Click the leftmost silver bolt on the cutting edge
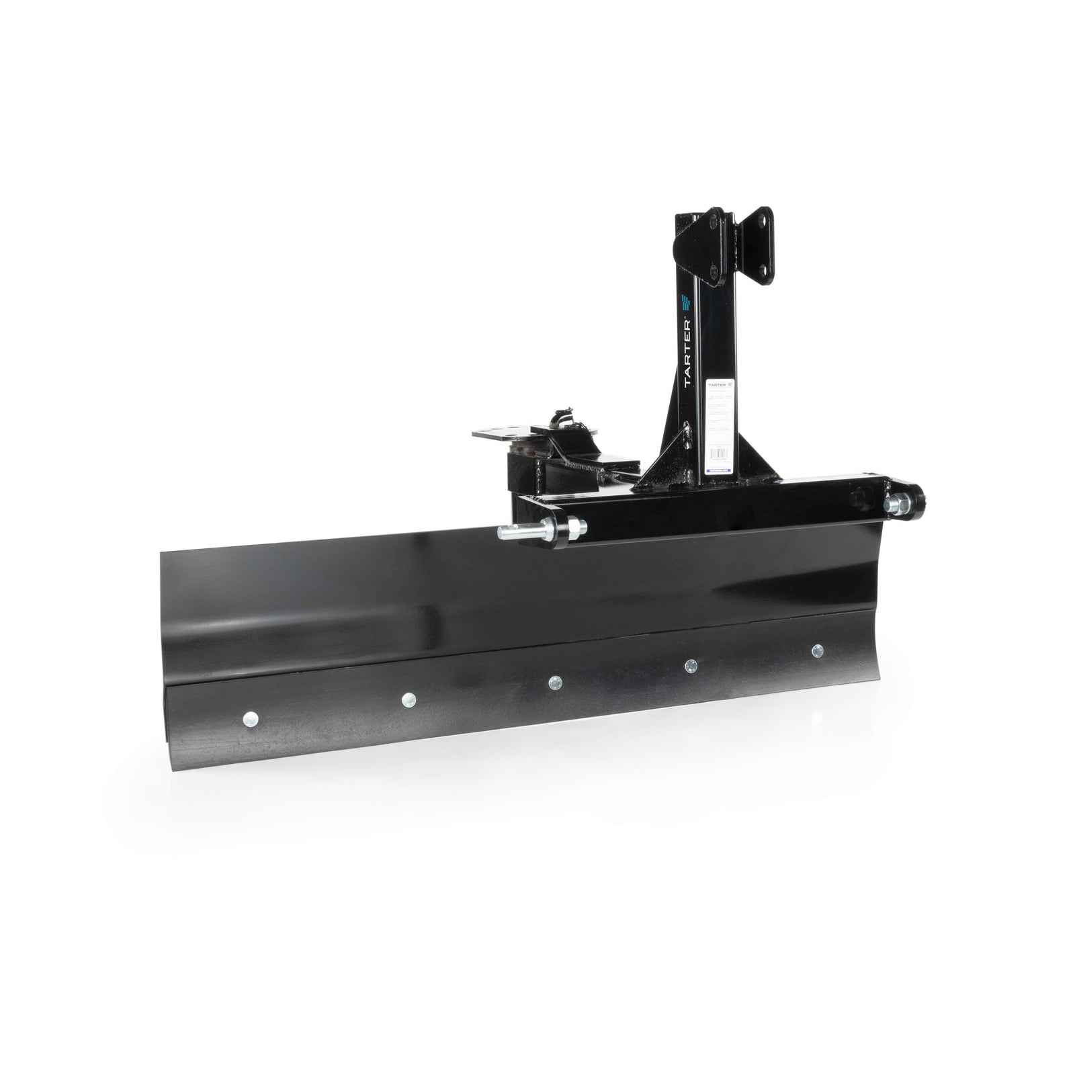tap(251, 718)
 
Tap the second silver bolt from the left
tap(406, 699)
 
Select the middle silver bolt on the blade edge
tap(554, 683)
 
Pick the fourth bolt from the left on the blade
tap(690, 666)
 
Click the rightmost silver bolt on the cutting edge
tap(817, 650)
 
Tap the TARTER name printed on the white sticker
tap(715, 386)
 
